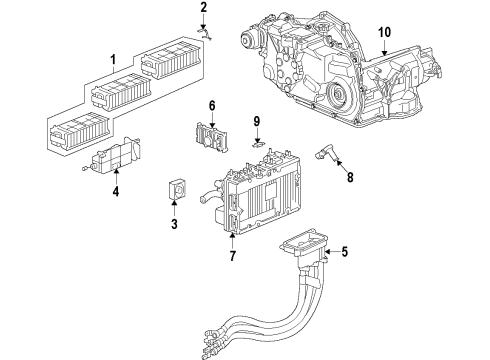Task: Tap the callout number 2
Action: pos(203,8)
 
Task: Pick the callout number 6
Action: pos(212,106)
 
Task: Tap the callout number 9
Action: pos(256,122)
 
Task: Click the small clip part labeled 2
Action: pos(202,30)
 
